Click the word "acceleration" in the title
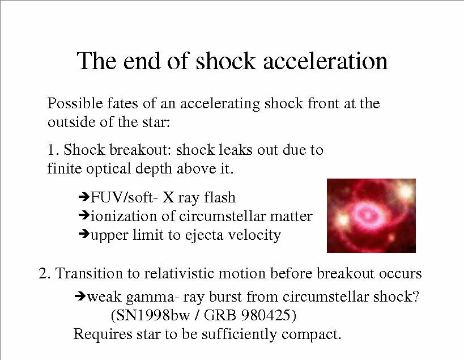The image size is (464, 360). tap(325, 61)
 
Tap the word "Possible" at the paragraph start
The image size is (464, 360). tap(75, 103)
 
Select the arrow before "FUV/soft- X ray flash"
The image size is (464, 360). tap(84, 196)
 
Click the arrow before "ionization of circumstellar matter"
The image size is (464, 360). tap(84, 215)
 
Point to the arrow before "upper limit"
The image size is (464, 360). tap(84, 234)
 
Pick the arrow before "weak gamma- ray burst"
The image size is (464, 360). tap(80, 295)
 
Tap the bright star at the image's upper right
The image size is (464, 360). tap(406, 191)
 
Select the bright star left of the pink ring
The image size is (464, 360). tap(343, 219)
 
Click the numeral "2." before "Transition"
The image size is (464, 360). tap(44, 273)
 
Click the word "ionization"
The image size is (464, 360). tap(124, 216)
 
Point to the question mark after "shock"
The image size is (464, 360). tap(415, 296)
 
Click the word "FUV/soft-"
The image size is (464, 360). tap(122, 197)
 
